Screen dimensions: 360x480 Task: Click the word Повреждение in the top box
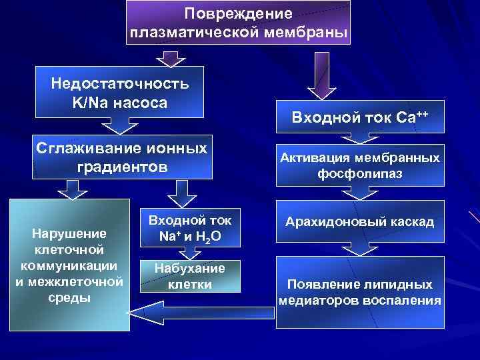point(238,13)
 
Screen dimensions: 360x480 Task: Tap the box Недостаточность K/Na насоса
point(119,93)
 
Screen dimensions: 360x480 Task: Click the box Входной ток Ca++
point(359,119)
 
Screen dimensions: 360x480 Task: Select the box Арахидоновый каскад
point(359,221)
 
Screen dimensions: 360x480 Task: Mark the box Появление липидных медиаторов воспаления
point(359,291)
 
